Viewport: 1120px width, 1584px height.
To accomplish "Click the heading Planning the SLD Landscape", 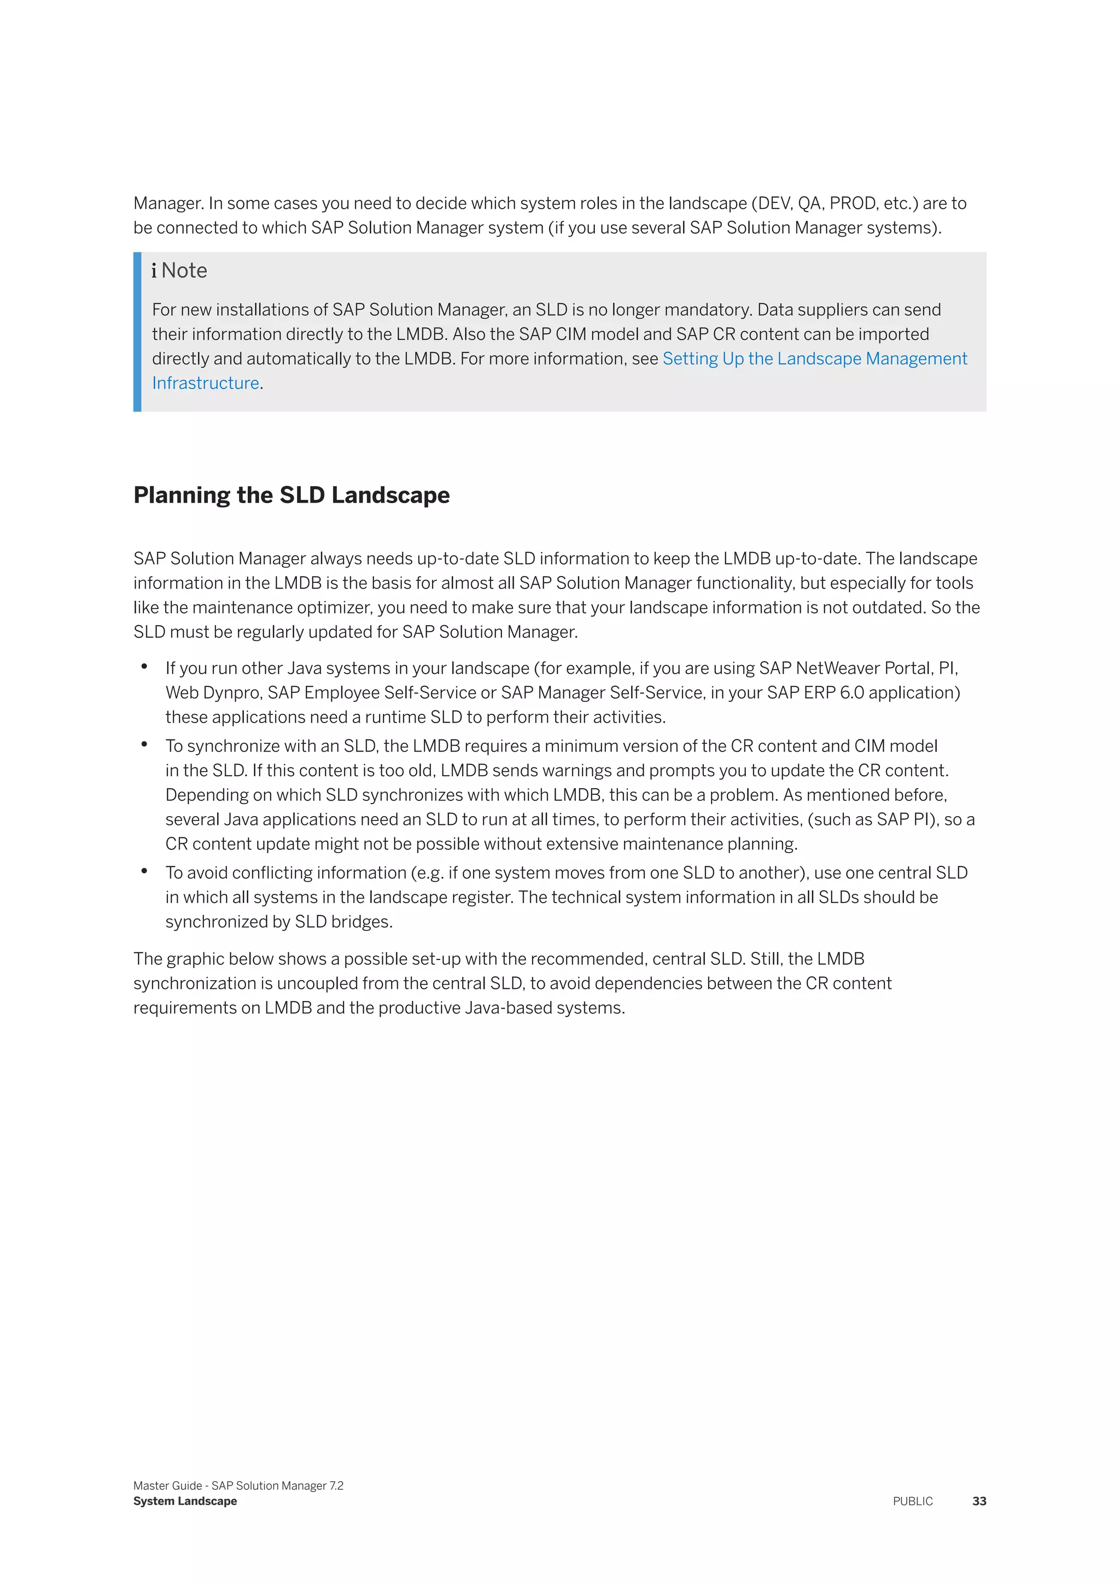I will coord(291,496).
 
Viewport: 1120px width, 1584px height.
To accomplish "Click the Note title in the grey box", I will coord(184,270).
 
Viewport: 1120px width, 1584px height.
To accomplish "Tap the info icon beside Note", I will coord(154,270).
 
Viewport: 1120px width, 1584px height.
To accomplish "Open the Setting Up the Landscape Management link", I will coord(814,359).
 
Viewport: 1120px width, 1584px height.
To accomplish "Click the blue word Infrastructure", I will coord(206,383).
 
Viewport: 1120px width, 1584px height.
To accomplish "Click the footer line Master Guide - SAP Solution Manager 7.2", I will coord(238,1486).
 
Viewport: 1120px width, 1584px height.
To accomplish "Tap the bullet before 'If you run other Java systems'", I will coord(144,666).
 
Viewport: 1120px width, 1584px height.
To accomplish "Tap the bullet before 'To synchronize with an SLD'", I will coord(144,744).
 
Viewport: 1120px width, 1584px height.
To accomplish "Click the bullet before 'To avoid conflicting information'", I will coord(144,871).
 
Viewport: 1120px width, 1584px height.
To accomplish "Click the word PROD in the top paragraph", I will coord(853,203).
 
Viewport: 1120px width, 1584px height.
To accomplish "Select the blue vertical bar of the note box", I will coord(137,332).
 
